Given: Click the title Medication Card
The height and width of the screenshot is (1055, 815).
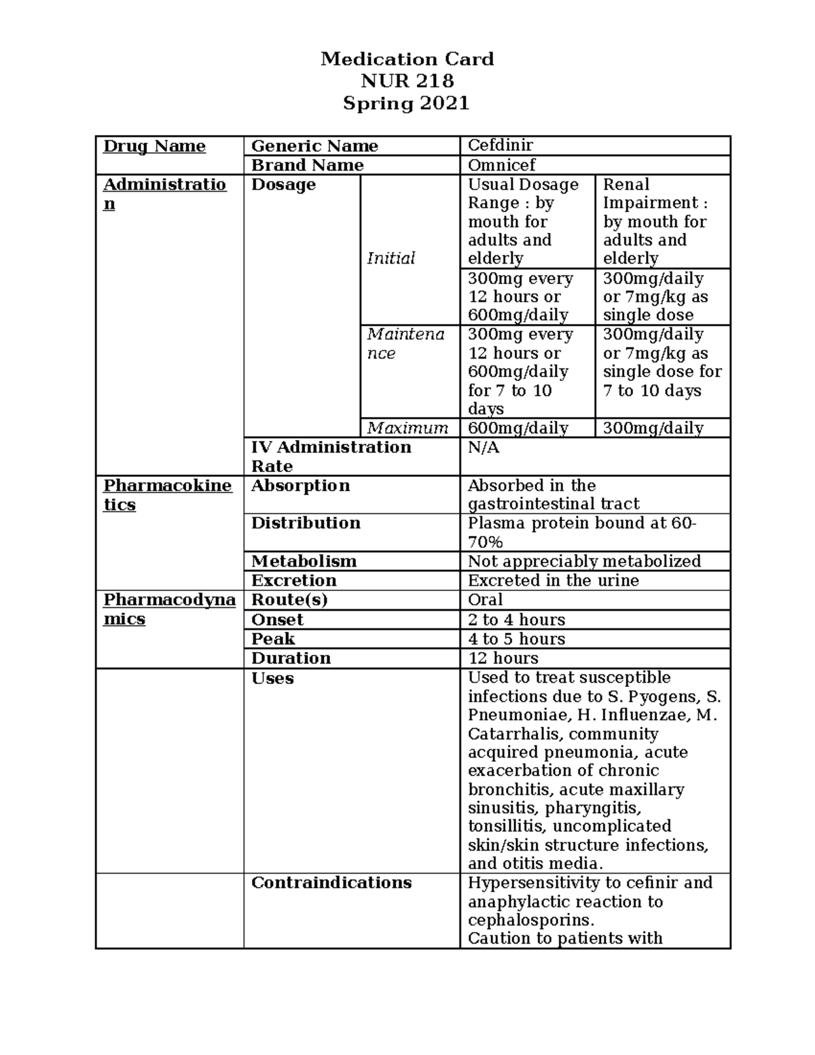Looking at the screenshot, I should click(x=407, y=59).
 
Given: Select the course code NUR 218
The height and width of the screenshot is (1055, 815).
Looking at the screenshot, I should click(x=407, y=82).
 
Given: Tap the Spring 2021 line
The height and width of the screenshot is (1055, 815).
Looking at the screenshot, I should click(x=406, y=103).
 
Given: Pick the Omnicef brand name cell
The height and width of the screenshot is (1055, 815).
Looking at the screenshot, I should click(x=502, y=165).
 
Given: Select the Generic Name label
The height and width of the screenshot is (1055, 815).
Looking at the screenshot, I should click(x=314, y=146).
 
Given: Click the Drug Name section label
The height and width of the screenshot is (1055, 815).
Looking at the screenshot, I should click(x=154, y=146).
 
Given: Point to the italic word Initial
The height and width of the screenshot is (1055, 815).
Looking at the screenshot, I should click(x=391, y=258).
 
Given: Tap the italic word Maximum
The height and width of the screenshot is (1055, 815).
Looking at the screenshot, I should click(x=407, y=428).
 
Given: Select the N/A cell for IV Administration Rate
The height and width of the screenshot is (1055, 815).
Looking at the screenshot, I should click(x=484, y=448).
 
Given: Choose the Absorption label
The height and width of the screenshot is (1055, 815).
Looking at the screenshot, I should click(x=300, y=486).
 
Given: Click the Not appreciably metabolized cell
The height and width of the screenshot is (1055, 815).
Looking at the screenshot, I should click(x=584, y=561).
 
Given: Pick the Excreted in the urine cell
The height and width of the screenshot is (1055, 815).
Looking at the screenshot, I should click(x=554, y=580).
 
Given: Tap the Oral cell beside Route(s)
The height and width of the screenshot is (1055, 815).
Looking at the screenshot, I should click(x=485, y=600).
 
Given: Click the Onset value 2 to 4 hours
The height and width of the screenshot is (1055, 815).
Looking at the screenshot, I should click(x=516, y=620).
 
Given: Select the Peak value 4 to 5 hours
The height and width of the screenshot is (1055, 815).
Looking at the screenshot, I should click(x=516, y=639).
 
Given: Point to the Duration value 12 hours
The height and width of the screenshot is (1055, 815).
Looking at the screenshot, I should click(x=503, y=658).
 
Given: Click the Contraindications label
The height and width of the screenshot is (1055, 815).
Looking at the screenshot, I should click(x=331, y=882).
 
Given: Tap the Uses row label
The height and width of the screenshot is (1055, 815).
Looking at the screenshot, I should click(x=272, y=678).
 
